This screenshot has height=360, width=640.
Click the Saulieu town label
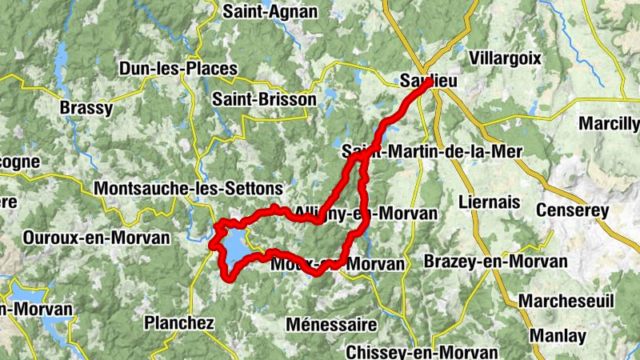[x=420, y=80]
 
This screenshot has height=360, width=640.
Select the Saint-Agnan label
[x=270, y=11]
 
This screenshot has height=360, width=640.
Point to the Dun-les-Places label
[x=178, y=69]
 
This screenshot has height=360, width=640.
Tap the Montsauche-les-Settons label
[x=188, y=188]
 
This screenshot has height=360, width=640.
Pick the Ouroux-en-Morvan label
[x=97, y=238]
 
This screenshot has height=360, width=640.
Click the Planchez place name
[x=179, y=323]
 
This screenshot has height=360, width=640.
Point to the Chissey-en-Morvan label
[x=422, y=352]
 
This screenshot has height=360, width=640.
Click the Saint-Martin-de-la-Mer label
[x=431, y=150]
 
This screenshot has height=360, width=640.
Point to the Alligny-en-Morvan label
[x=366, y=213]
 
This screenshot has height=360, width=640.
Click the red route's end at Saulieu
[x=430, y=82]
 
